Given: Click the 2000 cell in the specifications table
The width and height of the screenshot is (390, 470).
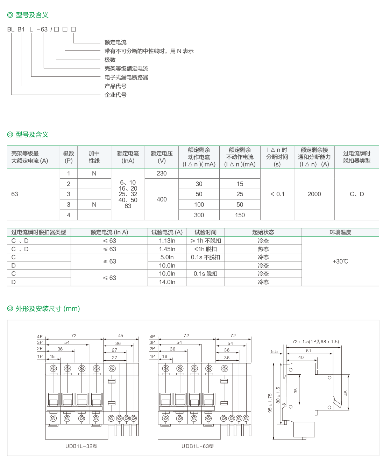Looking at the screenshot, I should tap(314, 194).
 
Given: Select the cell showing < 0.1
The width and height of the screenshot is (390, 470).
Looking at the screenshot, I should tap(277, 194).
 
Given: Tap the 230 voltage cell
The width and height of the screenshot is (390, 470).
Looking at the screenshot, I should tap(162, 173).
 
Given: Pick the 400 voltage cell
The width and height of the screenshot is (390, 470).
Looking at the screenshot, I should tap(162, 199).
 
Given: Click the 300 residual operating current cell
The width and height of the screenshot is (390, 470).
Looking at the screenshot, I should tap(199, 215).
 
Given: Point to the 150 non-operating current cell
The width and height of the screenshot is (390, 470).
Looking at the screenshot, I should tap(240, 215).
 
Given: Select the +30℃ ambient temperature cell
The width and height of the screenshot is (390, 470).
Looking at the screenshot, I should tap(340, 261).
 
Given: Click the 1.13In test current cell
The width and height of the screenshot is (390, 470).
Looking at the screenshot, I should tap(167, 241).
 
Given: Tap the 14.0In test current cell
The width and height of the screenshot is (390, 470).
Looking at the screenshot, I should tap(167, 282).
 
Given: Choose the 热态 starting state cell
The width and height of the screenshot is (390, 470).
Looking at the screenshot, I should tap(263, 249).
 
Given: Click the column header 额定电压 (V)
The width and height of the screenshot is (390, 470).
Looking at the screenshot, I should tap(162, 157).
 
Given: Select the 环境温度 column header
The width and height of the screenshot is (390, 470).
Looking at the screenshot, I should tap(340, 232).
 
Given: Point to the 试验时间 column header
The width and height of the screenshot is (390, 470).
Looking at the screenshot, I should tap(205, 232).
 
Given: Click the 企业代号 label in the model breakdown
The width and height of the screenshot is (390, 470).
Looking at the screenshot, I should tap(115, 95).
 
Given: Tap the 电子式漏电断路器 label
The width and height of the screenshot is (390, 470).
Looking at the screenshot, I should tap(126, 77).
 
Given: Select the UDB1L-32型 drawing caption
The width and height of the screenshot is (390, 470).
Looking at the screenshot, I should tap(81, 446).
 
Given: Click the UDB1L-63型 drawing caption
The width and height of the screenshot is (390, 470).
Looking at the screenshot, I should tap(197, 446).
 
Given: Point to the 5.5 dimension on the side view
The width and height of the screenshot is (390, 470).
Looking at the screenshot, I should tap(274, 351).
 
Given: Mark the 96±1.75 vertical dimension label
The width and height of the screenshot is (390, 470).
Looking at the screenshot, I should tap(270, 403).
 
